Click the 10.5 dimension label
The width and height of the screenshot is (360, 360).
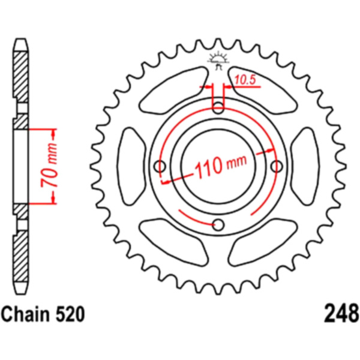click(245, 80)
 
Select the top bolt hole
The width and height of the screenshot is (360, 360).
click(218, 107)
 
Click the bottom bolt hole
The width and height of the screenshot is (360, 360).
click(218, 225)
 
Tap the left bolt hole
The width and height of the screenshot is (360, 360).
click(160, 166)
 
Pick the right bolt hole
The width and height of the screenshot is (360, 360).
click(277, 166)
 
